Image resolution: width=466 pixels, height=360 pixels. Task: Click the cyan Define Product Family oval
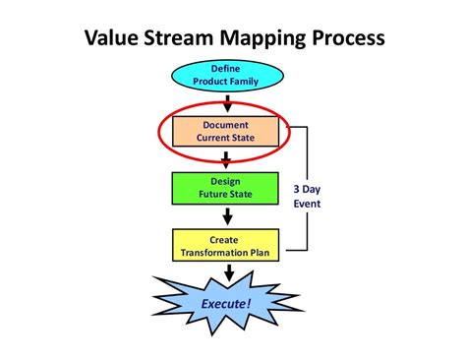click(225, 74)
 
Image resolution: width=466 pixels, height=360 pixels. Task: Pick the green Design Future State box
click(225, 188)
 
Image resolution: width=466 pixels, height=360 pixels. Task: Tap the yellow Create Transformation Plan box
click(225, 246)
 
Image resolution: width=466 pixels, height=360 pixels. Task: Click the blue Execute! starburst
click(227, 303)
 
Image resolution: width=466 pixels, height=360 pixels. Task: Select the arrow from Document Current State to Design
click(226, 159)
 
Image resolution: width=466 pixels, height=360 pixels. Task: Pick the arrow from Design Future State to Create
click(226, 216)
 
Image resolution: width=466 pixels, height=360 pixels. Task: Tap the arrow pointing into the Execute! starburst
click(226, 270)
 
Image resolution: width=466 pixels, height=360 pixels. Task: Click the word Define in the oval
click(226, 68)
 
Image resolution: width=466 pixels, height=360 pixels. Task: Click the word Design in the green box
click(226, 182)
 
